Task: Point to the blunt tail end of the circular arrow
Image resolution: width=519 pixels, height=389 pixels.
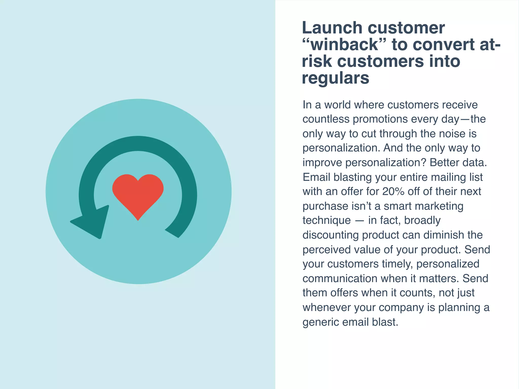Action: [172, 233]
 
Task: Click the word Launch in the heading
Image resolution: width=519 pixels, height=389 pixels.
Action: [331, 28]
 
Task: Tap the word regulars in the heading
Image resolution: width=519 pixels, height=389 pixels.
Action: [336, 78]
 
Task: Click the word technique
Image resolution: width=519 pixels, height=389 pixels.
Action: [327, 221]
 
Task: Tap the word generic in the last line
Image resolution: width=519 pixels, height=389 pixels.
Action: [321, 322]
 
